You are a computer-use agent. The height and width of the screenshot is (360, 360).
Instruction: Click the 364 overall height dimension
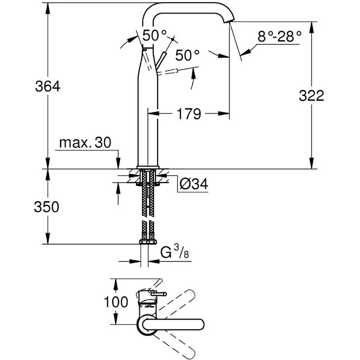[x=48, y=86]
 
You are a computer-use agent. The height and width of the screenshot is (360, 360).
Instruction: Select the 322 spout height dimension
[x=311, y=95]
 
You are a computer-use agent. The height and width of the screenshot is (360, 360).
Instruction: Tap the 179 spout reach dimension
[x=189, y=114]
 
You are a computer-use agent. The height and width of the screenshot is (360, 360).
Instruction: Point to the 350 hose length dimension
[x=46, y=207]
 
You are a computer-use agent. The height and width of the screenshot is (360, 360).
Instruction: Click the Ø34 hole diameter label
[x=194, y=184]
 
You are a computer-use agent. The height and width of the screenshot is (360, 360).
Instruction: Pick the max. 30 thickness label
[x=85, y=143]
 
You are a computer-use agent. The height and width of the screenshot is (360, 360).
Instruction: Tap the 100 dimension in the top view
[x=116, y=301]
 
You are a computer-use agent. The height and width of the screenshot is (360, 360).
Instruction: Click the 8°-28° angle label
[x=279, y=36]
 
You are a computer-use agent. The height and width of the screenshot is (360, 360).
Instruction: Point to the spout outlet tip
[x=229, y=21]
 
